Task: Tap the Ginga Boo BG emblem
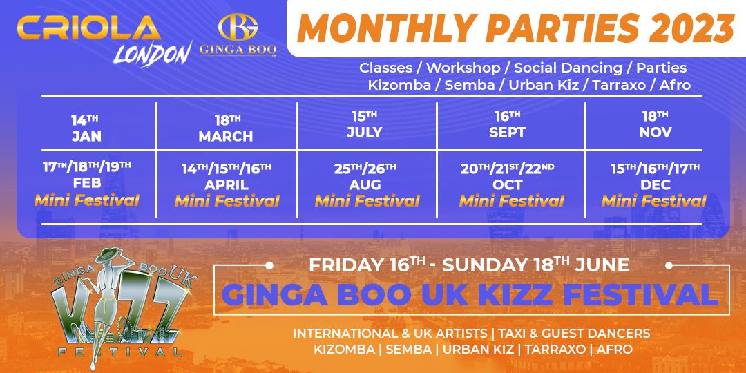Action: click(x=238, y=28)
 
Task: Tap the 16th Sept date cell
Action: click(x=508, y=124)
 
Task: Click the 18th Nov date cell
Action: click(x=654, y=124)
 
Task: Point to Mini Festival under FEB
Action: click(x=87, y=200)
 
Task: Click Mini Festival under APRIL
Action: click(x=227, y=201)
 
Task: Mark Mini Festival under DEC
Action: click(x=654, y=201)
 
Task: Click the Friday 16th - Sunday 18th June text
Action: click(x=469, y=265)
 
